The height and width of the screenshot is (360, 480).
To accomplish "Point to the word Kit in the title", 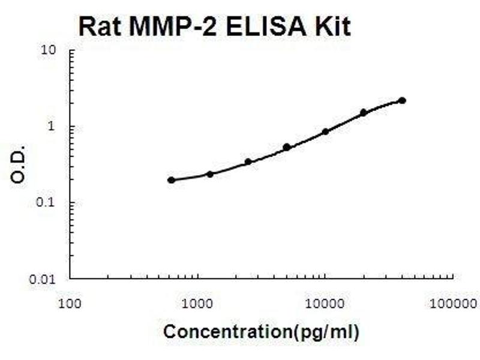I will click(x=332, y=26).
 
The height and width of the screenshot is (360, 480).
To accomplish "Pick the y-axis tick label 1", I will click(x=53, y=127).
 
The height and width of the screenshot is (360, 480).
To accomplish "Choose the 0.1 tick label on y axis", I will click(x=49, y=203).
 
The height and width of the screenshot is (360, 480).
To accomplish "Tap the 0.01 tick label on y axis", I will click(x=46, y=279).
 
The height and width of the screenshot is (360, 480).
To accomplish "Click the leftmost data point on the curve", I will click(x=172, y=180).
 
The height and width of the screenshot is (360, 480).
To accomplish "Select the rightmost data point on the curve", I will click(x=402, y=100).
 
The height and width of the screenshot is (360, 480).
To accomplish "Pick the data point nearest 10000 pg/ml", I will click(x=325, y=131).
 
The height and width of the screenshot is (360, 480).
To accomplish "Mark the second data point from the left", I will click(x=210, y=174).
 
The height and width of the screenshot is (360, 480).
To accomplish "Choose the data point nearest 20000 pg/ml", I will click(x=364, y=112).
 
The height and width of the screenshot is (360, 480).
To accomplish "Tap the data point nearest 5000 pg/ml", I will click(x=287, y=147).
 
